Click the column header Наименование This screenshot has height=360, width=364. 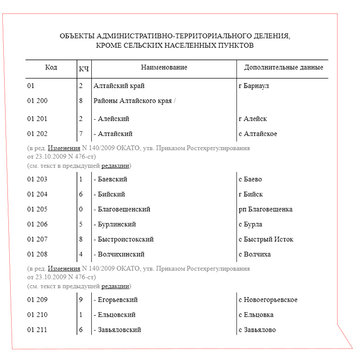point(164,68)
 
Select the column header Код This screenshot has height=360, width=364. point(51,68)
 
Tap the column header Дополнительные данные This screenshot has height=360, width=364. point(283,68)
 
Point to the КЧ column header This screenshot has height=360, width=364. point(84,69)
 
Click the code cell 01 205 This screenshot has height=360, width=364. point(37,209)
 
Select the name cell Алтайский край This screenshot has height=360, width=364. point(119,86)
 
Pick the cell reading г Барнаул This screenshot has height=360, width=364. point(254,86)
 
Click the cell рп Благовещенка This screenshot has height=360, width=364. point(265,209)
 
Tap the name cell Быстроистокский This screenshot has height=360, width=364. point(123,239)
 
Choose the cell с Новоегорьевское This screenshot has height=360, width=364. point(268,300)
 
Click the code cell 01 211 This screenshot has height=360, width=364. point(37,330)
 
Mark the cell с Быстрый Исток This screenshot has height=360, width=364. point(266,239)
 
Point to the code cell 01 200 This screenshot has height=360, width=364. point(37,101)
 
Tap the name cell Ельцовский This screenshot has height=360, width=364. point(115,315)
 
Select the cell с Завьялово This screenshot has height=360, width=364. point(257,330)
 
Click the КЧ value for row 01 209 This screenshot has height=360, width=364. point(81,300)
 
